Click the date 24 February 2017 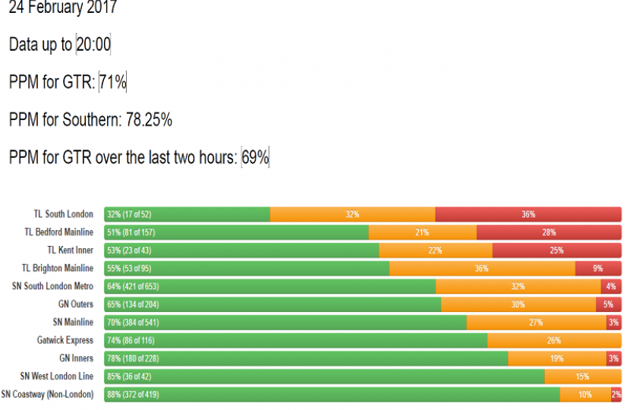63,9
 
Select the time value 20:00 93,45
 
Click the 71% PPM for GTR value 113,82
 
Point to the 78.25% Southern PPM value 149,120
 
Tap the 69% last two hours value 255,157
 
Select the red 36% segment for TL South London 528,215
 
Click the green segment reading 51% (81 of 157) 236,232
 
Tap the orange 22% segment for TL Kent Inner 435,251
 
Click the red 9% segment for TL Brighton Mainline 598,269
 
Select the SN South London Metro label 53,286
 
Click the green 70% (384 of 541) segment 285,323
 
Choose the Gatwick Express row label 65,340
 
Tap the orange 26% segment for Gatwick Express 554,340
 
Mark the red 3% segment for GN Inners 613,358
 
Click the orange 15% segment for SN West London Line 583,377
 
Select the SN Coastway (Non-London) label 47,394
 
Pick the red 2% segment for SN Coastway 616,394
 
